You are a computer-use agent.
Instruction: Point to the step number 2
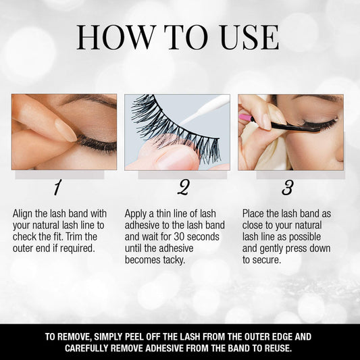click(x=183, y=187)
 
